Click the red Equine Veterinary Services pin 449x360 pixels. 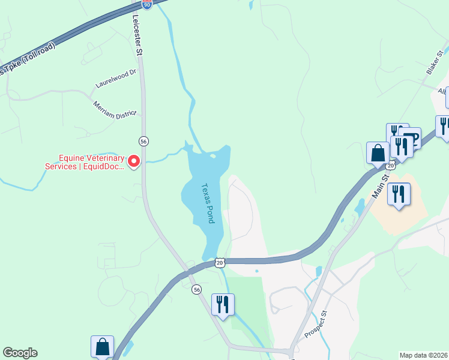pos(134,161)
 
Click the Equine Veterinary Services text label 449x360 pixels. pos(84,162)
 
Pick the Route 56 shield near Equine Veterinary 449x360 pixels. pos(143,141)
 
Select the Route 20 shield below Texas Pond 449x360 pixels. pos(220,263)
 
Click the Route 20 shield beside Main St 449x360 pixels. pos(391,165)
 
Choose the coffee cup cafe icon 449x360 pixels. pos(410,137)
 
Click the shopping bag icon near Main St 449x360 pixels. pos(378,152)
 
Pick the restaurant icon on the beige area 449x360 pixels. pos(398,194)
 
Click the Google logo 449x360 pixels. pos(20,353)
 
